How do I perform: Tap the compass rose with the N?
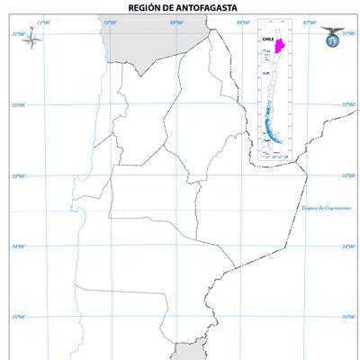[x=31, y=39]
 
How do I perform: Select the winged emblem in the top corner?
[x=331, y=35]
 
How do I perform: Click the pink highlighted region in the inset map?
[x=279, y=46]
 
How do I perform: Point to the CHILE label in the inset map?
[x=266, y=40]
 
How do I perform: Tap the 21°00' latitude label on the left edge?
[x=18, y=34]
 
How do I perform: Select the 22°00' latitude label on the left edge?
[x=18, y=105]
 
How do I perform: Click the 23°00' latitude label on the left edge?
[x=18, y=176]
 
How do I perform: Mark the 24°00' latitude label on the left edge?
[x=18, y=247]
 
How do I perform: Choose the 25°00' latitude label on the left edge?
[x=18, y=318]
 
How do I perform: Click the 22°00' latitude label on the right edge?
[x=349, y=105]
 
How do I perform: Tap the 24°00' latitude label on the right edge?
[x=349, y=247]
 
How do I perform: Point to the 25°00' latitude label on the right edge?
[x=349, y=318]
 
